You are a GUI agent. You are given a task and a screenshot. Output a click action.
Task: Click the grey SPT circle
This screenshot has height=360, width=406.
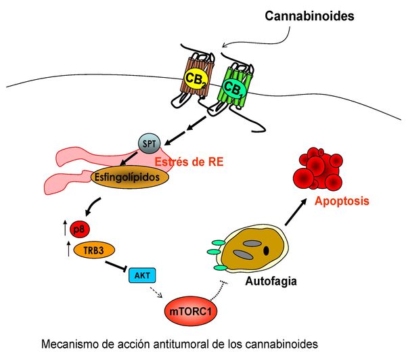[149, 144]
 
